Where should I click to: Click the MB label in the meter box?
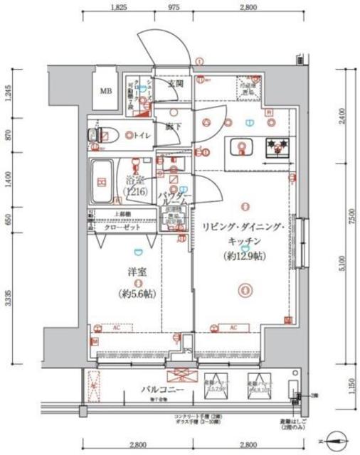point(105,90)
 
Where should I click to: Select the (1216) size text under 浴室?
point(134,193)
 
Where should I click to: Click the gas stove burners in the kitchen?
point(277,148)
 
